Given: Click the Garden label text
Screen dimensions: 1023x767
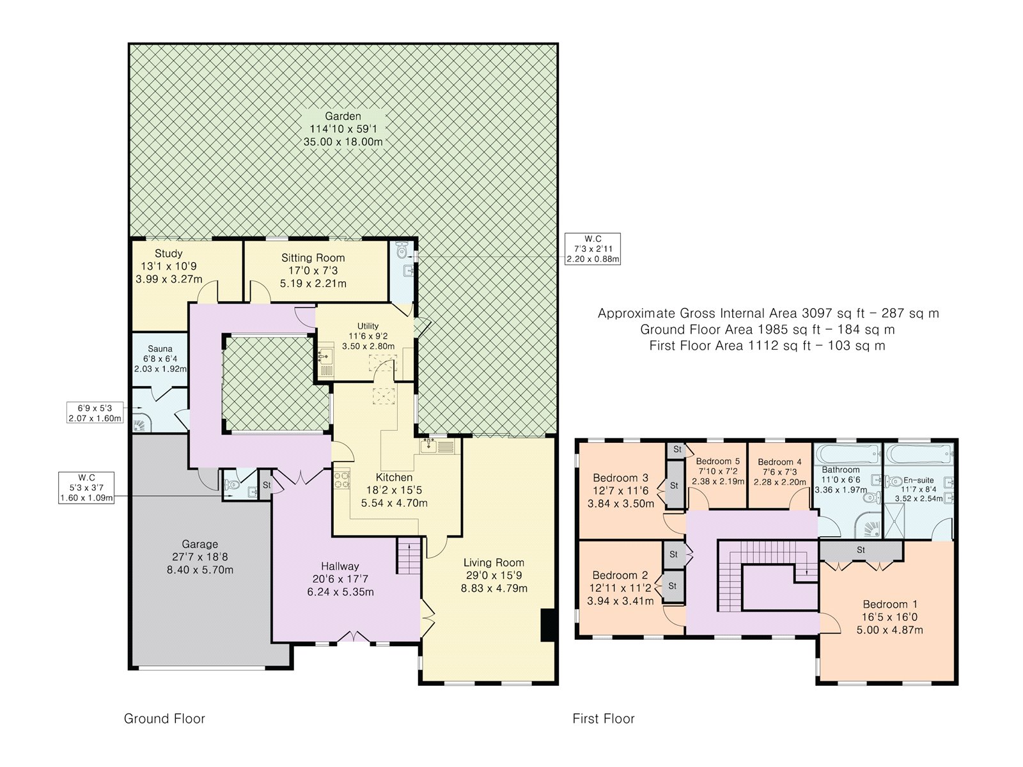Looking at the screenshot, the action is (343, 116).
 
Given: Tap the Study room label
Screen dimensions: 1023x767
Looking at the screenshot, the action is (168, 253).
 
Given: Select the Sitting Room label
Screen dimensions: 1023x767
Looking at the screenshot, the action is (313, 258).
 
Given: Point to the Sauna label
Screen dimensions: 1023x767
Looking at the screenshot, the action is (160, 348).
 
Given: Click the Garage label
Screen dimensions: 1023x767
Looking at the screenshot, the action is (200, 544).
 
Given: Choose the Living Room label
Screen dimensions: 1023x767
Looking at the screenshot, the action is (494, 562).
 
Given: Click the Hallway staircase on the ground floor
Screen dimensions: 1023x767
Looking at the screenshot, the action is (409, 556).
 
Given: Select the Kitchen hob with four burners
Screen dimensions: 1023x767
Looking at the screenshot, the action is (341, 479).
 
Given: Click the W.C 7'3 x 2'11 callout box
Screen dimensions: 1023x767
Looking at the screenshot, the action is (593, 249).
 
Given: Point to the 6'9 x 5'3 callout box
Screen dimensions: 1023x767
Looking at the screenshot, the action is (95, 413).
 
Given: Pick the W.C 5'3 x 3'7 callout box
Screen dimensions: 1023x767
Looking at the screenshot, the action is (86, 488).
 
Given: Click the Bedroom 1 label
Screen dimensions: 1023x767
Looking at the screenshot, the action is (890, 605).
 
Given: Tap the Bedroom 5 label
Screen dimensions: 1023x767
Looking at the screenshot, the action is (718, 461).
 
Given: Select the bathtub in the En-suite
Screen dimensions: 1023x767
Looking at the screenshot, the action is (918, 453).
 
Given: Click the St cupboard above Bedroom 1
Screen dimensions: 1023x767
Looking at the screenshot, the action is (861, 550).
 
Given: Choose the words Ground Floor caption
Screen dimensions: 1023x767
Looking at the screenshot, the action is (164, 718).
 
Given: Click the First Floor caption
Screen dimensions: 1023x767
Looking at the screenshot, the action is (604, 718).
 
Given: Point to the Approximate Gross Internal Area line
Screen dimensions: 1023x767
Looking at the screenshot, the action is (768, 313).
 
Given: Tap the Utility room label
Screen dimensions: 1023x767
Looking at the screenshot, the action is (368, 326).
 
